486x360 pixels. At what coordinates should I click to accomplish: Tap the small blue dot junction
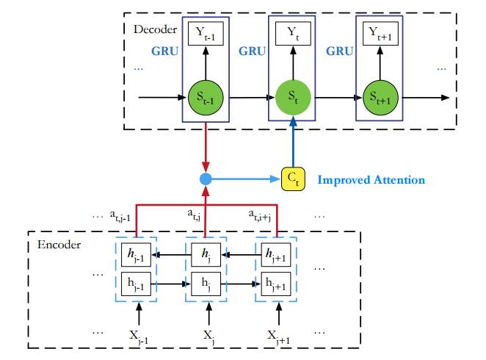206,179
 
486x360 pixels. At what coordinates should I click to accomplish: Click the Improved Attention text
371,179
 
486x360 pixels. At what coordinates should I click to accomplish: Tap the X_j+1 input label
278,335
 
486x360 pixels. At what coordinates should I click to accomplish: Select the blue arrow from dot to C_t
246,179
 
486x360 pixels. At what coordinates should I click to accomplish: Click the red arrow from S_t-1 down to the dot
206,147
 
